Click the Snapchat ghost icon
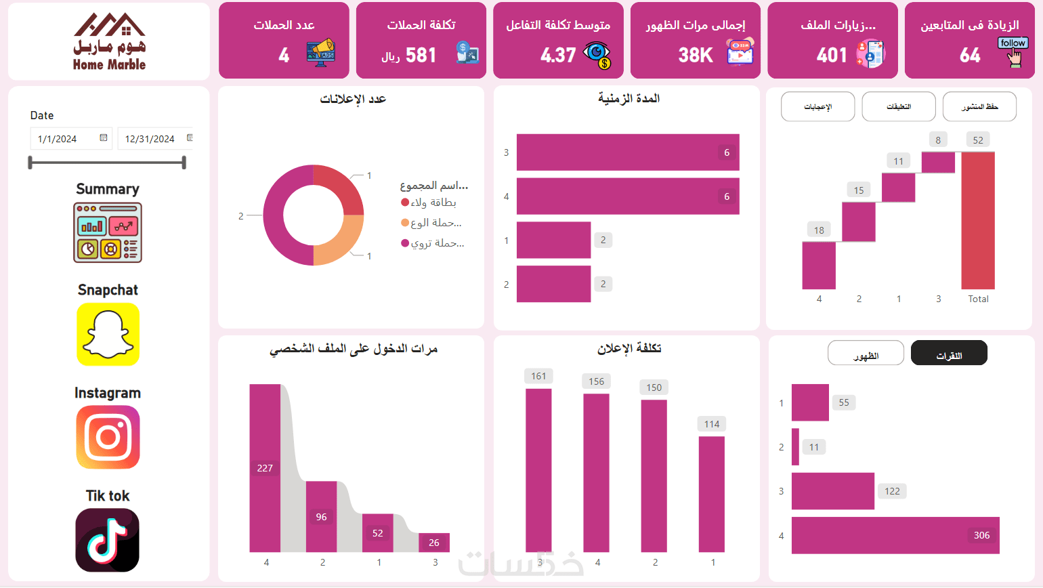(x=108, y=334)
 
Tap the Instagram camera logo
(x=108, y=437)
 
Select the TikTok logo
(x=108, y=540)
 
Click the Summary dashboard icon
(x=108, y=232)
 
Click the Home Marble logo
(x=109, y=42)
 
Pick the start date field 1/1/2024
(x=70, y=139)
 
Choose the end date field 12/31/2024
(x=155, y=139)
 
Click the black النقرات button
(x=949, y=353)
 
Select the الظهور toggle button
(x=866, y=353)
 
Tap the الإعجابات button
(x=817, y=107)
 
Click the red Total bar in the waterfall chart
(x=978, y=220)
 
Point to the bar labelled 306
(x=895, y=535)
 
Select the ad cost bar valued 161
(x=538, y=470)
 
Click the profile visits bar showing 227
(x=265, y=467)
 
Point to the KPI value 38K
(x=696, y=55)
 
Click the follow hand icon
(x=1013, y=52)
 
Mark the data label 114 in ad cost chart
(x=711, y=424)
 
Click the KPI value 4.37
(x=558, y=55)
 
